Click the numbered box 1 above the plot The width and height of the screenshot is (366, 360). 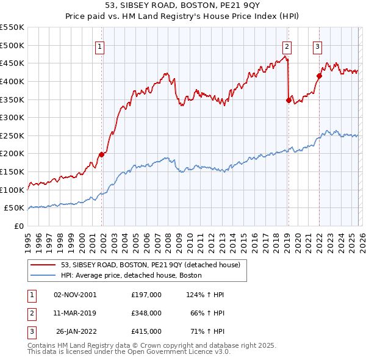pos(99,45)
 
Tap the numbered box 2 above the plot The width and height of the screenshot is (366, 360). pos(287,45)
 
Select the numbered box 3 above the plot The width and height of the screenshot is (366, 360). pos(318,45)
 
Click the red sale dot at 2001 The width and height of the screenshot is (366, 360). pos(101,154)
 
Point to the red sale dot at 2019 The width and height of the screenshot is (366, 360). pos(289,100)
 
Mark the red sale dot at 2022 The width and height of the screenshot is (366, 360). pos(319,76)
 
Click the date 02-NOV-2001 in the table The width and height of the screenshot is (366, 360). pos(75,295)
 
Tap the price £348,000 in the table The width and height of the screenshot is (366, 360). pos(146,313)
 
